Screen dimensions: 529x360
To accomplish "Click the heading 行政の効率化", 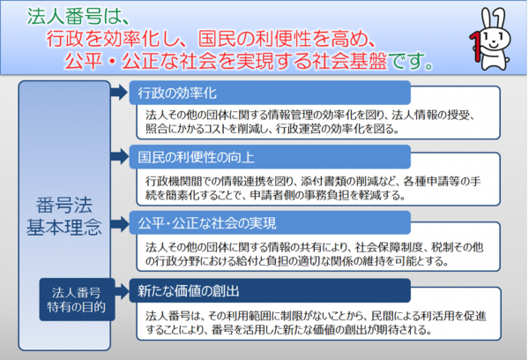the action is point(177,93).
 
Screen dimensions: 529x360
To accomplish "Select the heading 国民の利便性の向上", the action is point(196,157).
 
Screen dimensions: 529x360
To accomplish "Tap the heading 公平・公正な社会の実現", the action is point(207,223).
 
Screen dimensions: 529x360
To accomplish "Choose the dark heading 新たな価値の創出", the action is point(189,291).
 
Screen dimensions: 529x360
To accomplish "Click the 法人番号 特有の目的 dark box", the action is point(77,299).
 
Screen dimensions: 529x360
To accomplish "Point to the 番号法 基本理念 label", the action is point(64,216).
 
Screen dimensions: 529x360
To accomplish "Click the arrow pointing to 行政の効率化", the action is point(119,92).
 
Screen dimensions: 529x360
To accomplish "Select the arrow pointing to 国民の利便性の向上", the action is point(119,156).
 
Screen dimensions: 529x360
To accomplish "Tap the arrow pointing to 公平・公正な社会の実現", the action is point(119,223).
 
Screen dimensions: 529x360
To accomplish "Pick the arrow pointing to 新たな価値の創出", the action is point(122,291).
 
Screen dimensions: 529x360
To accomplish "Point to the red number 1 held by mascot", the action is point(475,47).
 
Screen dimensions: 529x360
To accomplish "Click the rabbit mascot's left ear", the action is point(487,19).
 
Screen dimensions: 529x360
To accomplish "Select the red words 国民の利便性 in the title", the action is point(244,38).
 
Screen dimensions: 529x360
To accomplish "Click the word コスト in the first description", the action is point(215,129).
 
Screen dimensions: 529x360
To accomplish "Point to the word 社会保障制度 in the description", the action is point(389,248).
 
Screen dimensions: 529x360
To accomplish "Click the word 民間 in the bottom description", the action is point(382,316).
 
